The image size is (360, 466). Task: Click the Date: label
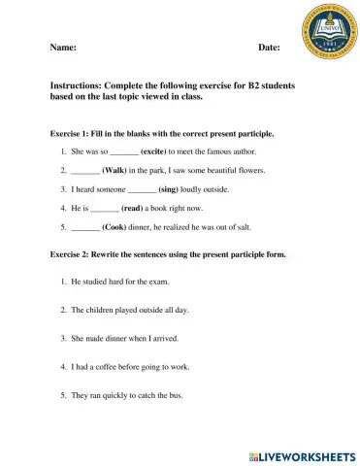click(269, 47)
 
